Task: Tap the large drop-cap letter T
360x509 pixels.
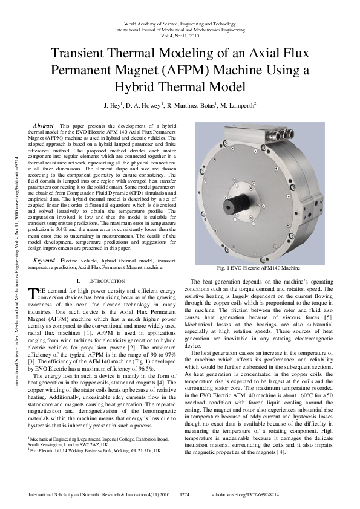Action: coord(33,294)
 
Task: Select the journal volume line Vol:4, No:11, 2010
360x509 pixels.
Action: coord(180,36)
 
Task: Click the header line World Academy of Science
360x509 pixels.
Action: coord(180,22)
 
